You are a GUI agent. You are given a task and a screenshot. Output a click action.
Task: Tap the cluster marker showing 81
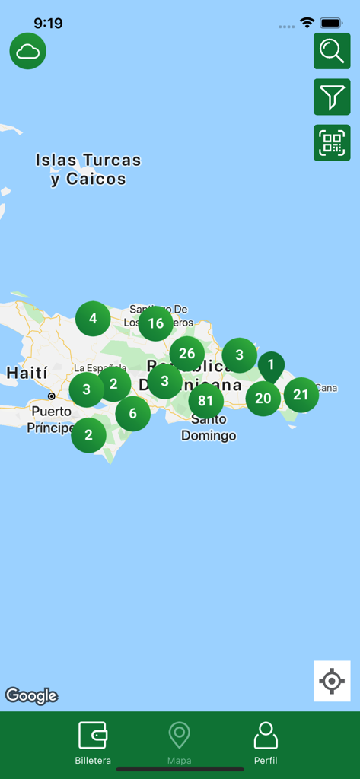pos(205,401)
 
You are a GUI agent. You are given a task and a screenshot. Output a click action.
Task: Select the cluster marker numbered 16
pos(155,323)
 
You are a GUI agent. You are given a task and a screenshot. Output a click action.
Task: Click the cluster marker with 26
pos(186,353)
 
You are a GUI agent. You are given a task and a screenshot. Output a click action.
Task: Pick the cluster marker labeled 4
pos(93,319)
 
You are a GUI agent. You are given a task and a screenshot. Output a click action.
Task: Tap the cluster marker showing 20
pos(263,398)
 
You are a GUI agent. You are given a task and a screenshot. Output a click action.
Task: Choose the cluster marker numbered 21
pos(301,395)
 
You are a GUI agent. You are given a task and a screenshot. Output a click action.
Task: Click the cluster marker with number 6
pos(133,413)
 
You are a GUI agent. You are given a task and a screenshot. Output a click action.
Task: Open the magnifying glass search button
pos(332,51)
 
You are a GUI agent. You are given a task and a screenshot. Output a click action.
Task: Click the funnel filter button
pos(332,97)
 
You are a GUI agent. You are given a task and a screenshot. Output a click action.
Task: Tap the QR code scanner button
pos(332,143)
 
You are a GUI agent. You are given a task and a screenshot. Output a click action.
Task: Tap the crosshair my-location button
pos(332,681)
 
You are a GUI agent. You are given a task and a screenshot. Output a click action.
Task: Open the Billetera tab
pos(93,742)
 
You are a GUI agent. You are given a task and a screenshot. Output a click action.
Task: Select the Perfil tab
pos(266,742)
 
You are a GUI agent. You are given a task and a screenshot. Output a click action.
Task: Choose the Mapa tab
pos(180,742)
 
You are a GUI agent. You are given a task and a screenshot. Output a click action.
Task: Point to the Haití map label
pos(27,373)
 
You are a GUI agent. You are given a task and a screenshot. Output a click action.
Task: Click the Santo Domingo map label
pos(209,428)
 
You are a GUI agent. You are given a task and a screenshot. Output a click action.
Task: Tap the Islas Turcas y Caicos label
pos(88,170)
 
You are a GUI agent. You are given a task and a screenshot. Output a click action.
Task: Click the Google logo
pos(31,695)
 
